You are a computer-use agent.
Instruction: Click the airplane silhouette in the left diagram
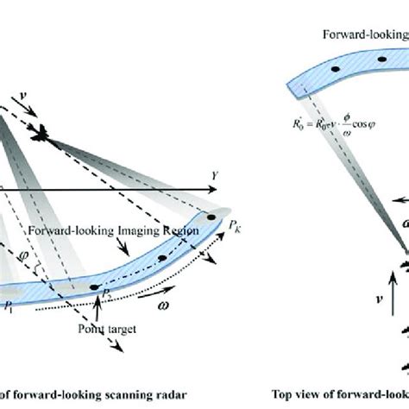click(44, 133)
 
